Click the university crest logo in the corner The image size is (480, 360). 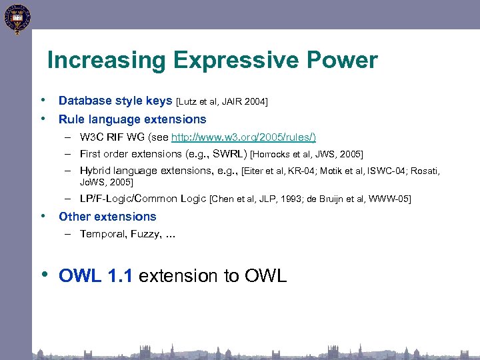(x=16, y=18)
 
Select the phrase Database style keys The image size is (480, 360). (x=115, y=101)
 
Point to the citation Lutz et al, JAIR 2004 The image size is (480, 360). (x=222, y=101)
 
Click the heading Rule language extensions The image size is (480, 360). (x=133, y=119)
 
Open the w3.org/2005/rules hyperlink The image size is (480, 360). (x=243, y=137)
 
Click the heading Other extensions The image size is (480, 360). (x=107, y=217)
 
